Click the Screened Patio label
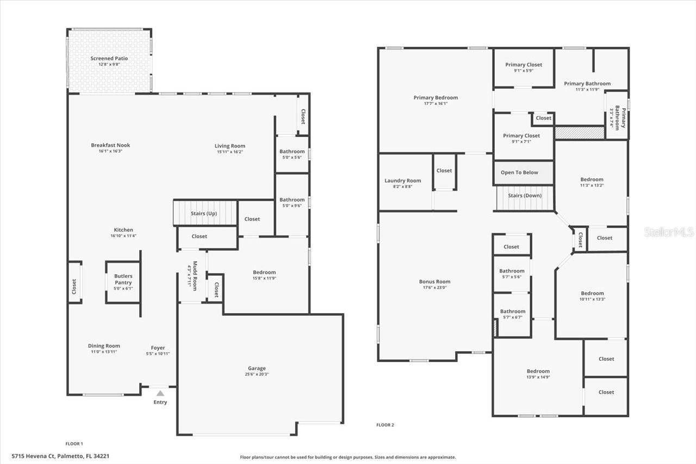coord(109,58)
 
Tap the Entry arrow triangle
coord(160,393)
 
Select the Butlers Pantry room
coord(123,282)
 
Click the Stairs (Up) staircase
coord(206,213)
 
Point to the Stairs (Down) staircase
coord(525,199)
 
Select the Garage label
coord(257,368)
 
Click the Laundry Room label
coord(402,181)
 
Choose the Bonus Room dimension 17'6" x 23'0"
coord(434,287)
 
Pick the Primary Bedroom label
coord(436,97)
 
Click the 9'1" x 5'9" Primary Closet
coord(523,68)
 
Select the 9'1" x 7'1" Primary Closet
coord(521,138)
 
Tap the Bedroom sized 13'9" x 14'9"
coord(538,374)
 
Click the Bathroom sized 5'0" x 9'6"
coord(292,203)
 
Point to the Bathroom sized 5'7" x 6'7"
coord(512,314)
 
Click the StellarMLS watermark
coord(669,232)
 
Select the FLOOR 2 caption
coord(385,425)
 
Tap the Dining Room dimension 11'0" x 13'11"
coord(103,352)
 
